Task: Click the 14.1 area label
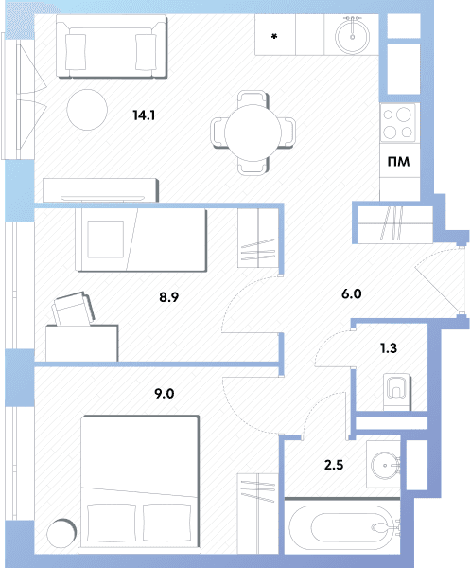(x=144, y=115)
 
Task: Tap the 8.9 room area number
(x=168, y=297)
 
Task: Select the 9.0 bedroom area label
(x=164, y=394)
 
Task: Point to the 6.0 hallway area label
(x=351, y=293)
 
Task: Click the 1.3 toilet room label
(x=389, y=348)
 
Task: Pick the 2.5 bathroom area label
(x=334, y=465)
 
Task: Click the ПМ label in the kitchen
(x=398, y=161)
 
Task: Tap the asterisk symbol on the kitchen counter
(x=274, y=36)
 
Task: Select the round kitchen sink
(x=352, y=36)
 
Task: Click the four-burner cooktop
(x=398, y=123)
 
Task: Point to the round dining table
(x=253, y=133)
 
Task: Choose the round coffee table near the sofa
(x=87, y=110)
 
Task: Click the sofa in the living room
(x=112, y=46)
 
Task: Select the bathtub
(x=342, y=527)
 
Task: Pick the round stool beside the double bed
(x=61, y=534)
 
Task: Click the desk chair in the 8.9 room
(x=74, y=309)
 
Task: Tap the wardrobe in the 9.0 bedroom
(x=258, y=513)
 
